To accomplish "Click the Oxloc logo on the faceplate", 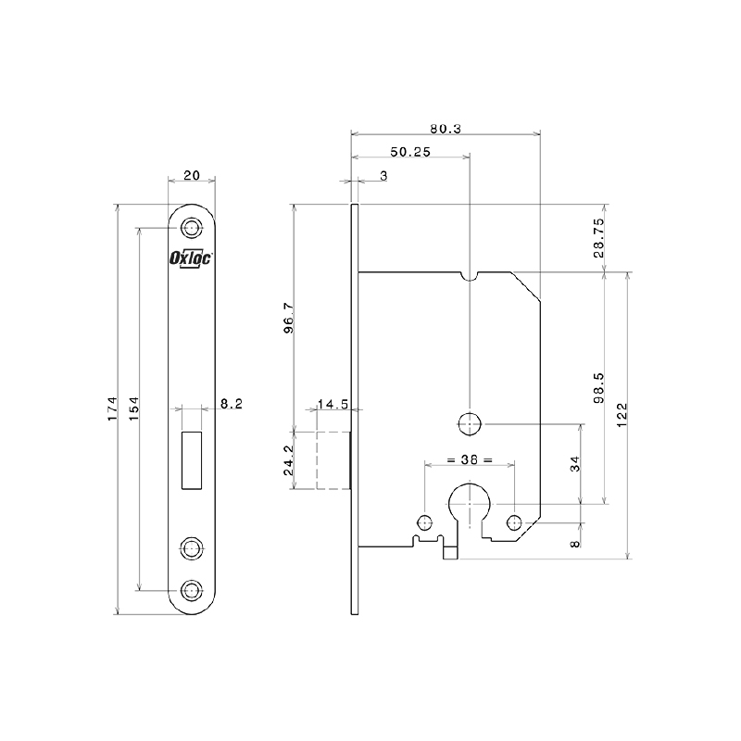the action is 191,258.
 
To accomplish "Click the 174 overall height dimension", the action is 112,408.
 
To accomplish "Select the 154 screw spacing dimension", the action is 134,408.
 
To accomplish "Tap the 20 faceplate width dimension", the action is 192,175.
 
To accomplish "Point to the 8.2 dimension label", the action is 232,404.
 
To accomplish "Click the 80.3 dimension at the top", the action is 446,128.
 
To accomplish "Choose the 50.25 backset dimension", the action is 410,152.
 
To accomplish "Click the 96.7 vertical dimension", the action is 289,318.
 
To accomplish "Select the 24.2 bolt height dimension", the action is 289,460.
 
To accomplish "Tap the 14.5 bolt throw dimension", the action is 333,404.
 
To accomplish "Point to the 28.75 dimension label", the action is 598,238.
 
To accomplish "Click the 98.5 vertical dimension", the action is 598,388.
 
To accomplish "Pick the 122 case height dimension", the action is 622,415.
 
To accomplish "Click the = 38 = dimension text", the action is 470,459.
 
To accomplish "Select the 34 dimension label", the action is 575,464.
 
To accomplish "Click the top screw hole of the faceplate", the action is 192,228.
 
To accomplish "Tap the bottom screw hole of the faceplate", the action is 192,590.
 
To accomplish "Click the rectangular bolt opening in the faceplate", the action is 192,459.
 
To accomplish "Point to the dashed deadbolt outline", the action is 333,460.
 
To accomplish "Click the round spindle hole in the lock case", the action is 470,424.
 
